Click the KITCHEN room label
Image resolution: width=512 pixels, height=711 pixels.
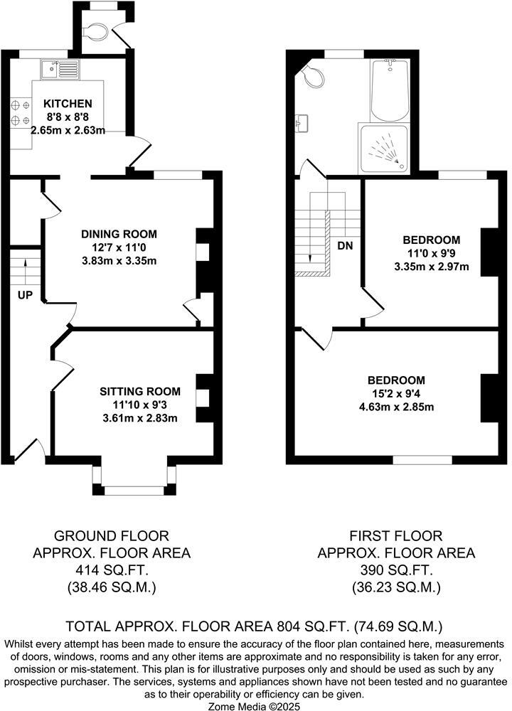(x=68, y=103)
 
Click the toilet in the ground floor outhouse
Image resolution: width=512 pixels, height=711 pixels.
(x=95, y=31)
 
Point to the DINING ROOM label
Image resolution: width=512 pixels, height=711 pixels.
(x=119, y=234)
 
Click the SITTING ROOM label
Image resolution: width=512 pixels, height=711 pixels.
(x=139, y=391)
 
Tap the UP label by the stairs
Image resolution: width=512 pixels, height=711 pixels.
(x=24, y=294)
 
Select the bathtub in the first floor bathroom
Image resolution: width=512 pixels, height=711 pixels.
(x=390, y=90)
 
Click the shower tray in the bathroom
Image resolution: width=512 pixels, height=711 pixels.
(x=385, y=148)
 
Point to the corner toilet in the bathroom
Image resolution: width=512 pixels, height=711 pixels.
(x=311, y=75)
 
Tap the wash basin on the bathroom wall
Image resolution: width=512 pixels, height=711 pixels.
(x=302, y=124)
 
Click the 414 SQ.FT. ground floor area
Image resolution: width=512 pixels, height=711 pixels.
(x=112, y=570)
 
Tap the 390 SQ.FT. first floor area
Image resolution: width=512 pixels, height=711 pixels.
(x=396, y=570)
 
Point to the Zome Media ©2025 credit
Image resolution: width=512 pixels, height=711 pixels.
(x=255, y=705)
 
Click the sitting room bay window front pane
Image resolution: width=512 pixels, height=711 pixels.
(x=134, y=489)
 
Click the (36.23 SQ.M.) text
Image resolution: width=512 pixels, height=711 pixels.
(x=396, y=587)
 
